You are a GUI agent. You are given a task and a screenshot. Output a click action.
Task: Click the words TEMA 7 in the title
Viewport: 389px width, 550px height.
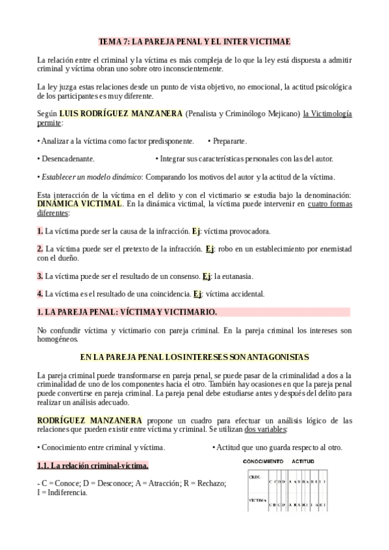tap(113, 41)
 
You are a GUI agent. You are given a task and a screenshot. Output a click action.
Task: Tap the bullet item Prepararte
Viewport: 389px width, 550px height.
tap(229, 141)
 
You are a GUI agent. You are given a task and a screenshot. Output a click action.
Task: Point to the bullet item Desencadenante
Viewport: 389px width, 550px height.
tap(68, 158)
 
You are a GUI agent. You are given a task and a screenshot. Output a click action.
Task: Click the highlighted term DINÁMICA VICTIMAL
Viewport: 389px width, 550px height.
tap(79, 204)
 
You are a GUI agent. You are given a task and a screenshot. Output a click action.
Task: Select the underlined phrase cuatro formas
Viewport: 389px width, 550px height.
tap(330, 204)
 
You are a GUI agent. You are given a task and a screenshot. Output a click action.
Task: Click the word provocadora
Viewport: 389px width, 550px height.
tap(249, 231)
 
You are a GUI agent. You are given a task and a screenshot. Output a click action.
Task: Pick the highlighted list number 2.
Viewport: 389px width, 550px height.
tap(40, 248)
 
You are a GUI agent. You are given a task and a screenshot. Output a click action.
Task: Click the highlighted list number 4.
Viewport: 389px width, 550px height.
tap(40, 294)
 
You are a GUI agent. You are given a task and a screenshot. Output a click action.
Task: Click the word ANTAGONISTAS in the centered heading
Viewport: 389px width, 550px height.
tap(273, 357)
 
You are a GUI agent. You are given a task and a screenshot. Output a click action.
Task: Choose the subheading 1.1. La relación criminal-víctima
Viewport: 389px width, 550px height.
tap(93, 465)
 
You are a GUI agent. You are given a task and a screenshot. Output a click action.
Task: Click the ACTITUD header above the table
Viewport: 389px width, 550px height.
tap(302, 460)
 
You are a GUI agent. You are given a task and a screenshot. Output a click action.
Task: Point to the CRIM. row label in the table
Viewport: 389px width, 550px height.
tap(255, 477)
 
